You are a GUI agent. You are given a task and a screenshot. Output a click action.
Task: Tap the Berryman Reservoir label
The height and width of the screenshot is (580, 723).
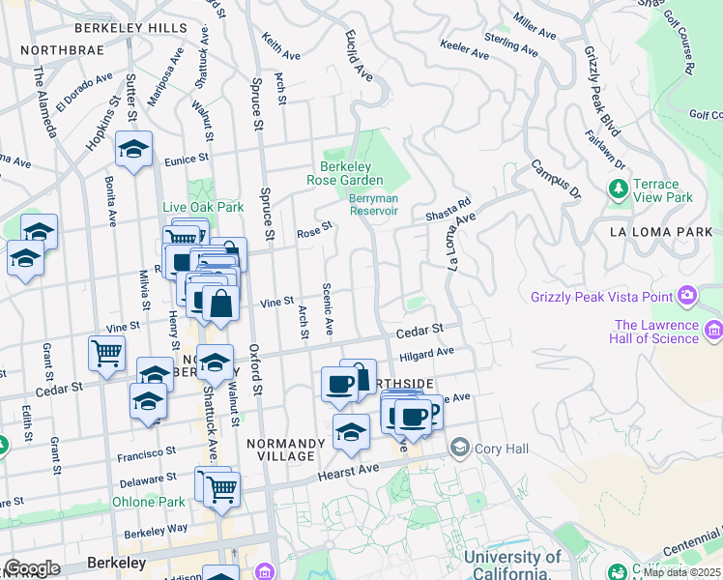coord(372,204)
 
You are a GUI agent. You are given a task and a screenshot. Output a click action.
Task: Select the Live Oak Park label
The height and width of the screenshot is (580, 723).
coord(203,207)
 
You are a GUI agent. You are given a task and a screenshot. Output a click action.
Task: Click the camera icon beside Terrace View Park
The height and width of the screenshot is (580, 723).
coord(617,191)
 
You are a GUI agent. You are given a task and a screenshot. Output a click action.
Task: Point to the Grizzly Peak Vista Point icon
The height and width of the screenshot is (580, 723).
coord(687,294)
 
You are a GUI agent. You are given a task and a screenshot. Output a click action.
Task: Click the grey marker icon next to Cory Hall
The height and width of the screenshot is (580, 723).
coord(459,448)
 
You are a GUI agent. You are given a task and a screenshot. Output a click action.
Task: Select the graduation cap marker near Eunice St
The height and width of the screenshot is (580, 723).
coord(134,150)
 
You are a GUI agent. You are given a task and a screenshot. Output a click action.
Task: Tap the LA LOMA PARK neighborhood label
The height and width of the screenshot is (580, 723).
coord(661,232)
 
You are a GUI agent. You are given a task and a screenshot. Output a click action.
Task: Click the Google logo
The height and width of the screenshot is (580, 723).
coord(32,567)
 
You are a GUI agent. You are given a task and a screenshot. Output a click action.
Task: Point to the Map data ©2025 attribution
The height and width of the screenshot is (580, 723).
coord(681,572)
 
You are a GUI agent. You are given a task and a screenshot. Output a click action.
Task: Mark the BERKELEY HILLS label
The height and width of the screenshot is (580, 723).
coord(141,28)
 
